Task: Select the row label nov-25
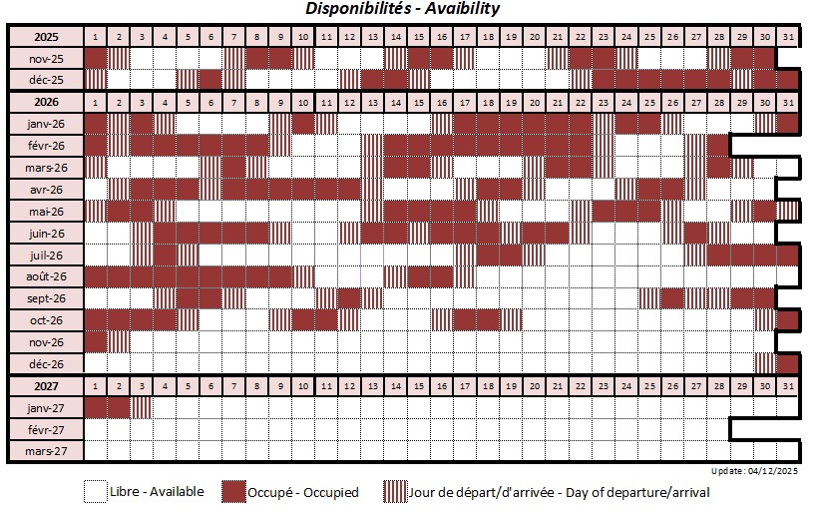(x=46, y=58)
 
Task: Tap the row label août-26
(x=46, y=276)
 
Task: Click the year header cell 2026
(x=46, y=102)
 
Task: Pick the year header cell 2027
(x=46, y=385)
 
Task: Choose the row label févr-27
(x=46, y=429)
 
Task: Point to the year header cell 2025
(x=46, y=37)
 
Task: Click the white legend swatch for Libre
(x=95, y=492)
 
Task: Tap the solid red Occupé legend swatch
(x=233, y=492)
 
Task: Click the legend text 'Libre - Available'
(x=158, y=492)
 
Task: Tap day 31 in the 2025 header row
(x=789, y=37)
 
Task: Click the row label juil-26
(x=46, y=255)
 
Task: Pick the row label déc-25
(x=46, y=79)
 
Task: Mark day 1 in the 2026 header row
(x=95, y=102)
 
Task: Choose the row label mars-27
(x=46, y=451)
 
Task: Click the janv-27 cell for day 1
(x=95, y=407)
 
